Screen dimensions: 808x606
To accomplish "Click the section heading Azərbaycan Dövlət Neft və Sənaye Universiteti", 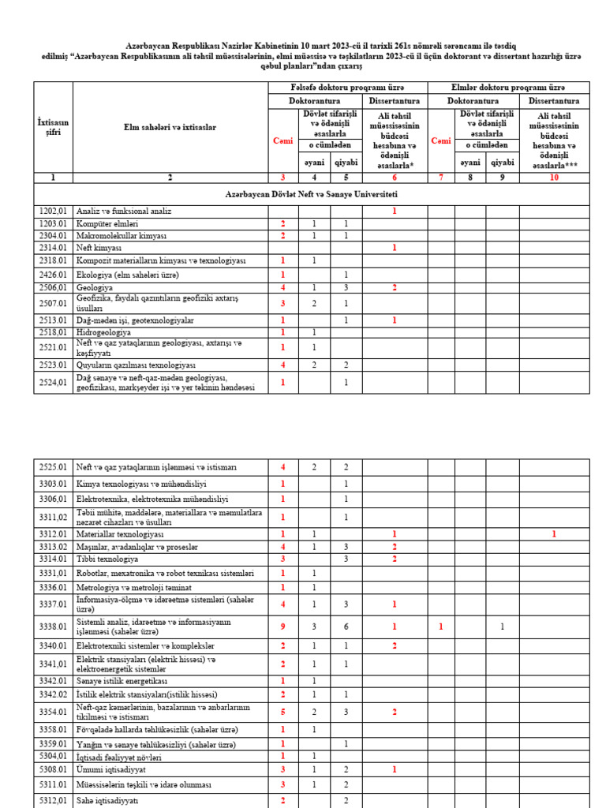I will [x=311, y=194].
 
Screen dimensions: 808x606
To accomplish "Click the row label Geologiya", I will [x=93, y=288].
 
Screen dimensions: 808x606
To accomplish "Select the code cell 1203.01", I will [x=53, y=224].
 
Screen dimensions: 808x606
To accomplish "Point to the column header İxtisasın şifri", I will [x=53, y=127].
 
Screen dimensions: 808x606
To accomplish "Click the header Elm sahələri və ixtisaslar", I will [x=170, y=127].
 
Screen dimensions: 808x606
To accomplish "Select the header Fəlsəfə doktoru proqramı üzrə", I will [x=348, y=87].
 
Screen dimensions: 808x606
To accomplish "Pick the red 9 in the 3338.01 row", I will [x=282, y=627].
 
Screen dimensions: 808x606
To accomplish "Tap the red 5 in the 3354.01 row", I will [x=282, y=712].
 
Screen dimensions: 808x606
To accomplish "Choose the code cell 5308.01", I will [x=53, y=769].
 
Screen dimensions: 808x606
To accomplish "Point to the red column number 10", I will [x=554, y=178].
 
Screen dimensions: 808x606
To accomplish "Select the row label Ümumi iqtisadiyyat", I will [x=111, y=769].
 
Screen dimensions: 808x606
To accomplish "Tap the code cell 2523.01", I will [x=53, y=365].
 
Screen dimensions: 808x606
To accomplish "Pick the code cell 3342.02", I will [x=53, y=694].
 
